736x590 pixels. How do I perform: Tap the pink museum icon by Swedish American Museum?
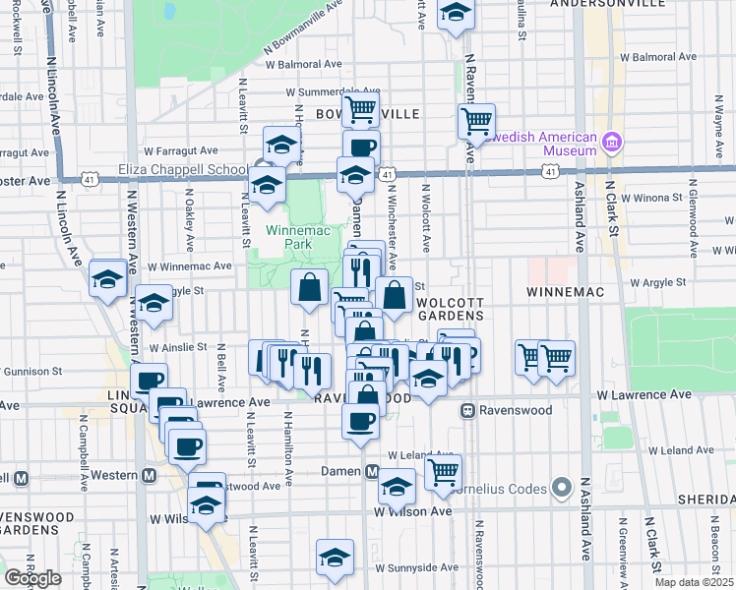tap(613, 143)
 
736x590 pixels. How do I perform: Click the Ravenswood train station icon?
tap(469, 409)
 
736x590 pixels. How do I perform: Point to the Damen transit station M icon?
tap(372, 471)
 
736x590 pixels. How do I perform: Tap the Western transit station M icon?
tap(149, 475)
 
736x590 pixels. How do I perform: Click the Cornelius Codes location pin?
tap(561, 487)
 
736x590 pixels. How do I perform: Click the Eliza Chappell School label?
tap(184, 168)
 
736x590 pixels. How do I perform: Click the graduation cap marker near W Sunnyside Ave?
tap(335, 557)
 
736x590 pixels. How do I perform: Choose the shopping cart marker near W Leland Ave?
tap(444, 474)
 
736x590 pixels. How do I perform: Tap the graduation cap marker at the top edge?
tap(456, 15)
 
